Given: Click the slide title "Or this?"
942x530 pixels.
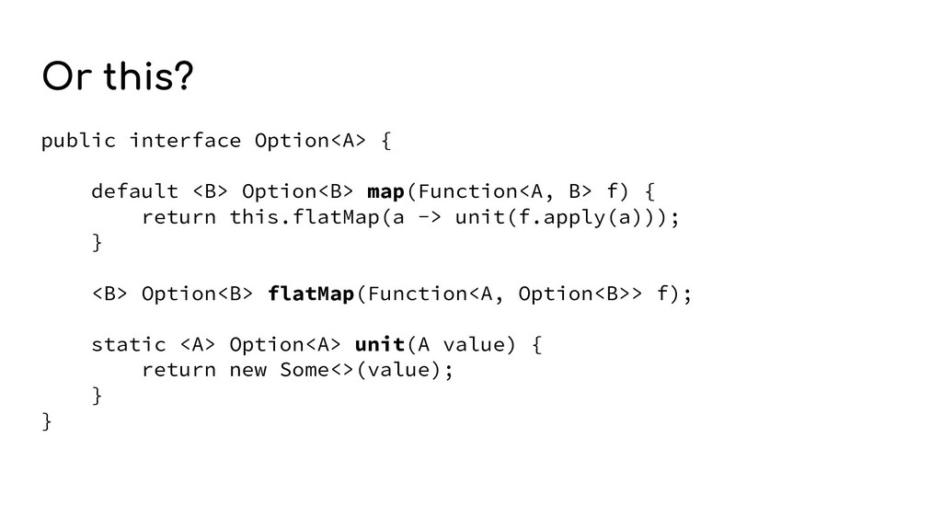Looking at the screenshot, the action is coord(117,79).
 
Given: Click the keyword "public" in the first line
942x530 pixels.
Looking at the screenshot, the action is coord(78,141).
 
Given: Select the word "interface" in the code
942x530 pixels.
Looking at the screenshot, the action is coord(185,141).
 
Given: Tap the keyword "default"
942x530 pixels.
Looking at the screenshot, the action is coord(134,191).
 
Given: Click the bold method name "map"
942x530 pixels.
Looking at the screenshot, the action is coord(386,191).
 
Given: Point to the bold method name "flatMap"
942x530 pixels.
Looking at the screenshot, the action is coord(311,294).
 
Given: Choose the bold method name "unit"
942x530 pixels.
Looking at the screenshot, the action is coord(380,345).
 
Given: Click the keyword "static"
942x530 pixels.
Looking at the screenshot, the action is coord(129,345).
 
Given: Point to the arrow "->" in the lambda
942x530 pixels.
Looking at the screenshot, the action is coord(431,217).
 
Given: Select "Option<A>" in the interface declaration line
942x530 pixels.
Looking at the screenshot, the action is coord(311,141).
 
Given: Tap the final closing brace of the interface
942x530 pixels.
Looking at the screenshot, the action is coord(47,421).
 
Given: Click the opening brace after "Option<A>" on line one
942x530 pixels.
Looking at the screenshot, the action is coord(386,141).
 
